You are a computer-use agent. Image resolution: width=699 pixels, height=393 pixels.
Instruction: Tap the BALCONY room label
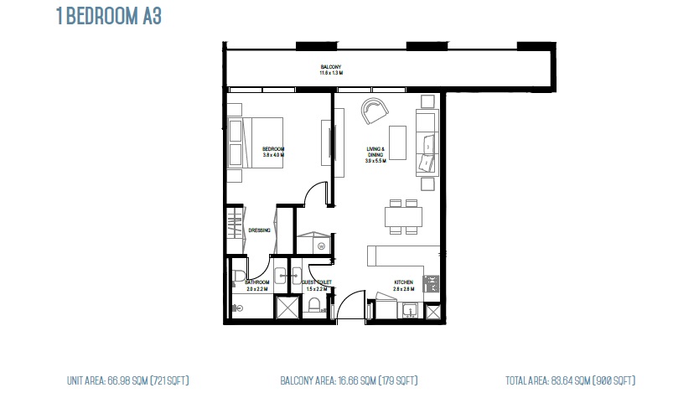pos(330,67)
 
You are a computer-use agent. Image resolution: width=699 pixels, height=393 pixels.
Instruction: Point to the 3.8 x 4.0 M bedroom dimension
pos(273,155)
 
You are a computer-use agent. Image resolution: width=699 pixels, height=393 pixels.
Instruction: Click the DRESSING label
pos(258,230)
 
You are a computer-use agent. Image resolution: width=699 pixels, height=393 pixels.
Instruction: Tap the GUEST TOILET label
pos(317,282)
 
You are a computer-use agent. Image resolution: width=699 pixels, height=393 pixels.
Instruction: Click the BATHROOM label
pos(256,282)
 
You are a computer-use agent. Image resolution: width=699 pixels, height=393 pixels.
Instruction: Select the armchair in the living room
pos(374,111)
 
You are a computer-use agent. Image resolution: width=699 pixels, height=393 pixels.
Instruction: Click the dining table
pos(402,217)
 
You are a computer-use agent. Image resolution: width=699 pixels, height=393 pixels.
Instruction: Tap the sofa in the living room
pos(427,142)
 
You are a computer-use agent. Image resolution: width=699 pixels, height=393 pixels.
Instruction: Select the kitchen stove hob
pos(432,284)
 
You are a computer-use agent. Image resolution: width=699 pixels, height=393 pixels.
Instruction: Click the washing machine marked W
pos(322,246)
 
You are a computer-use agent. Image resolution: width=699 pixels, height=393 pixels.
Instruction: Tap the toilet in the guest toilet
pos(314,305)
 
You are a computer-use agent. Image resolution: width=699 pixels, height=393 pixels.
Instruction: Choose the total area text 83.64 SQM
pos(570,380)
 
